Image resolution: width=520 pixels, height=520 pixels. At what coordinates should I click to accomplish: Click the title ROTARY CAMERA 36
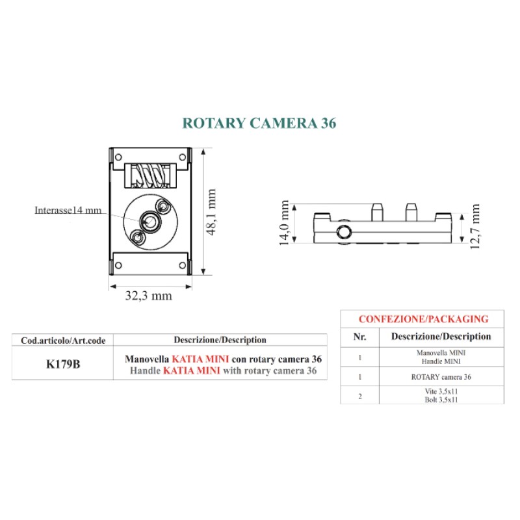(259, 123)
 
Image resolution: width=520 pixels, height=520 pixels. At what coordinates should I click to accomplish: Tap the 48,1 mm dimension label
(211, 213)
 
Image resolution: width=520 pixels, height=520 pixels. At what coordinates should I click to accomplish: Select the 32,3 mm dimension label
(148, 296)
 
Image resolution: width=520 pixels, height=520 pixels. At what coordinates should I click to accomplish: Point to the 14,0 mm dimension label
(285, 222)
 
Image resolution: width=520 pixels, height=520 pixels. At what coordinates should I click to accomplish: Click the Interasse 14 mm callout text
(68, 210)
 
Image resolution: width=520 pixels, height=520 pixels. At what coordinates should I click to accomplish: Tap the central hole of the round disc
(150, 222)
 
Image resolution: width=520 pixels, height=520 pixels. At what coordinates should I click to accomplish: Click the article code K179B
(63, 363)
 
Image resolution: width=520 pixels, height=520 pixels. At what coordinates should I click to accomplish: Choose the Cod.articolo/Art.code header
(63, 340)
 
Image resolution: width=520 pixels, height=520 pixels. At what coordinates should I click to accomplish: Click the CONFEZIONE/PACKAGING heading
(423, 319)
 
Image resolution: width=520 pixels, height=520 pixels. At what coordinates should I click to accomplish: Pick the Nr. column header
(359, 336)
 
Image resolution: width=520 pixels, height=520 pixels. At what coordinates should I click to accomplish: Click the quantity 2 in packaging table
(359, 396)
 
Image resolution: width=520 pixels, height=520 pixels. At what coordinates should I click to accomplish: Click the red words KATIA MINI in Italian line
(200, 359)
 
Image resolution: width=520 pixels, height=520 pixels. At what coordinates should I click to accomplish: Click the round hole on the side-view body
(343, 232)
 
